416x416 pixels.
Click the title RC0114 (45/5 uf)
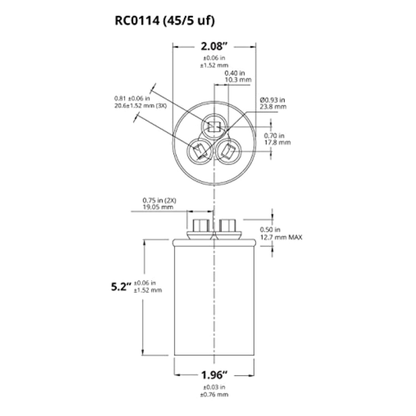pos(165,21)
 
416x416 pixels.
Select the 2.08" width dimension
pos(214,46)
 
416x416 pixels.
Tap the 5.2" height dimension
pos(121,287)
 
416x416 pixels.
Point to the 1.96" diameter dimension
pos(214,375)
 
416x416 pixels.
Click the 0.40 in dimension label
pos(235,73)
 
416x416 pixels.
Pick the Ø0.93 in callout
pos(272,100)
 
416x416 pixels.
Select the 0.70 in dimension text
pos(274,136)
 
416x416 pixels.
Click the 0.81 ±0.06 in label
pos(132,98)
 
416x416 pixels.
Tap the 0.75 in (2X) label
pos(159,200)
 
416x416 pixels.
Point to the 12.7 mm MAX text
pos(281,237)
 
